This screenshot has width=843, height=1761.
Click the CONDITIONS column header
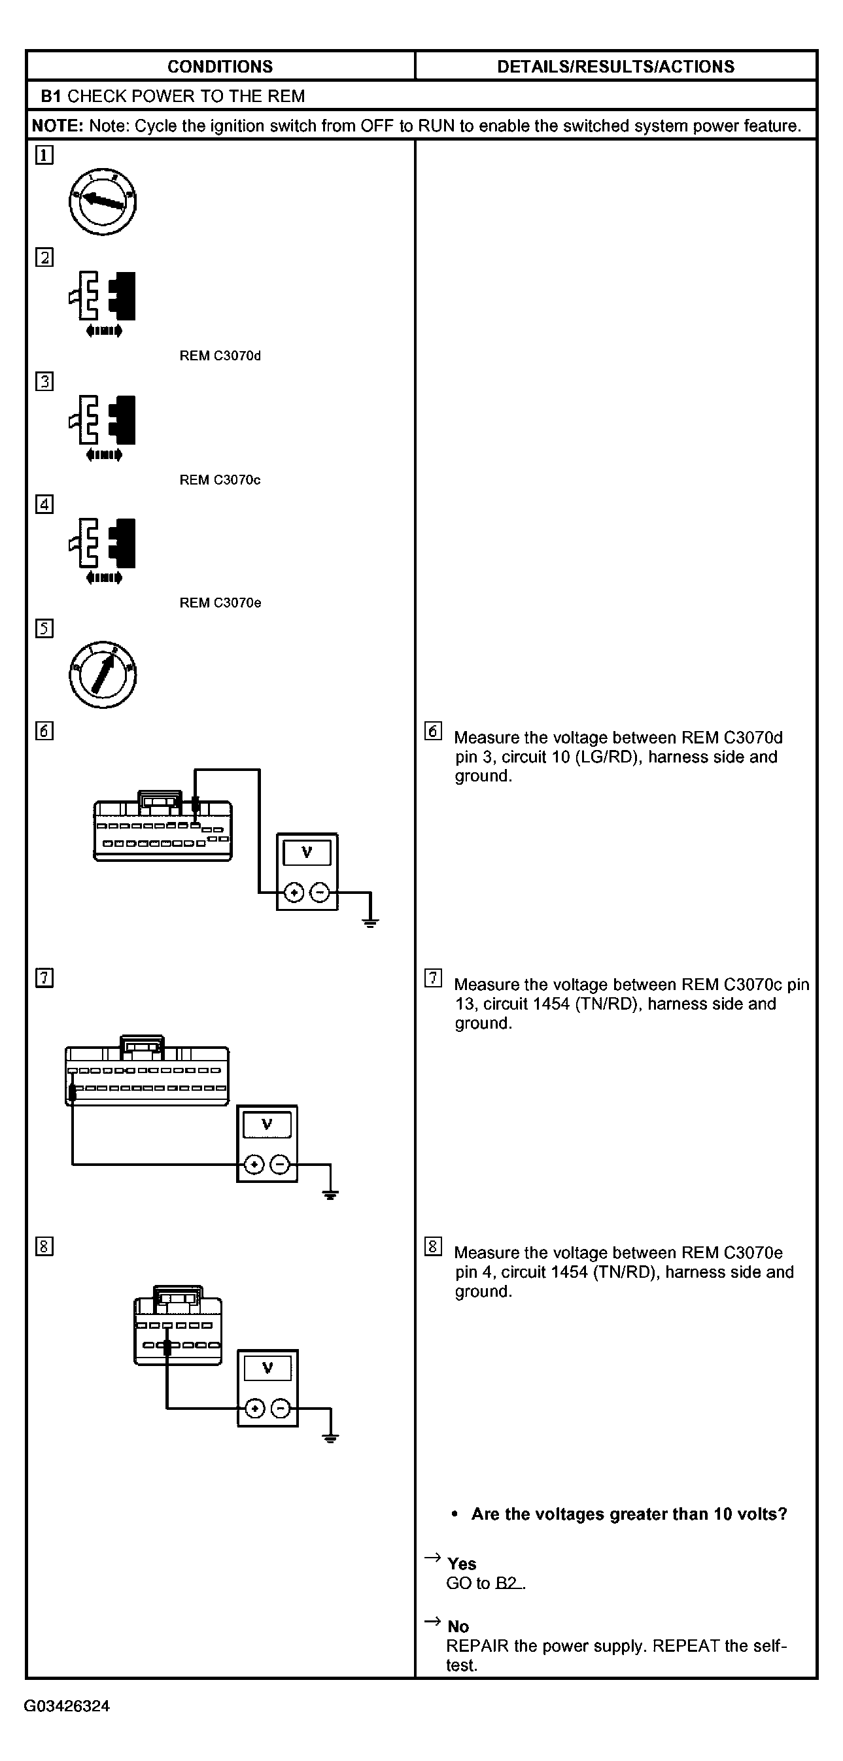[220, 66]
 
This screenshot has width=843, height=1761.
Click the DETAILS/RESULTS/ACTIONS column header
[615, 66]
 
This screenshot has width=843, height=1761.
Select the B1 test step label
[50, 96]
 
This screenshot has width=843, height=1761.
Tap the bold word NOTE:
[58, 126]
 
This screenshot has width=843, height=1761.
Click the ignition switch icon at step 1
[103, 201]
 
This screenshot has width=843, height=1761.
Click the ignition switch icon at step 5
[103, 675]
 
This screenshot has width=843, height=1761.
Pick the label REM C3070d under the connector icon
[220, 356]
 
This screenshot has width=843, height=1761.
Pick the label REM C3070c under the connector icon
[220, 480]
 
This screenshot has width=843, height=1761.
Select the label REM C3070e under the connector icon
[220, 603]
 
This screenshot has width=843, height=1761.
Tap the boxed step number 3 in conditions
[44, 381]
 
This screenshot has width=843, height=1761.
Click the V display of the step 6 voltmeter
[307, 853]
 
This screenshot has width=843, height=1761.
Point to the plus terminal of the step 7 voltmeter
[254, 1165]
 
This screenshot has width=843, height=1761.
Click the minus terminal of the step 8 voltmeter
[281, 1409]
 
